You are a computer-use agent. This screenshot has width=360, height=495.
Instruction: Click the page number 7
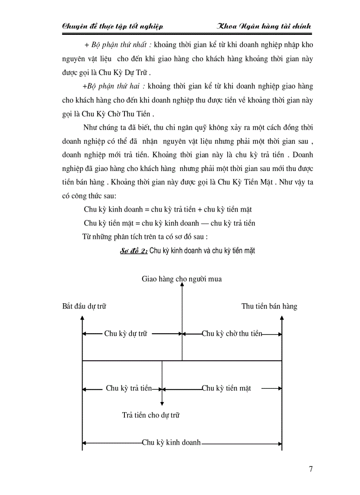click(x=311, y=469)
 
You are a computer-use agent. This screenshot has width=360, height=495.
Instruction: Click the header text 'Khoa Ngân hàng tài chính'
click(x=264, y=26)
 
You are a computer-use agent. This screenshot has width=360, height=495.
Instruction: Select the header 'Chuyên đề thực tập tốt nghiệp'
click(x=113, y=26)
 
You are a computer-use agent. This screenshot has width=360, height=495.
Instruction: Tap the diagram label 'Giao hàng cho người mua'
click(x=182, y=279)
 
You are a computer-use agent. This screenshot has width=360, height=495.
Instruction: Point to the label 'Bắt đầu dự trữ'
click(x=84, y=306)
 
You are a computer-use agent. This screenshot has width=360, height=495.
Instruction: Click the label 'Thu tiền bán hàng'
click(x=269, y=306)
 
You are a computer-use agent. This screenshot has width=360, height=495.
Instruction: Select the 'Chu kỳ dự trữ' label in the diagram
click(x=126, y=334)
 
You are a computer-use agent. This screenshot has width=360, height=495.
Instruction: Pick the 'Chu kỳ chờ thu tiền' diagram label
click(x=232, y=334)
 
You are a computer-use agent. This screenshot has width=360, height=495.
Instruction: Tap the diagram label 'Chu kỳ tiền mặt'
click(x=227, y=388)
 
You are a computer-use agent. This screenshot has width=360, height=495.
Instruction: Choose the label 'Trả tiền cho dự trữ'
click(x=151, y=415)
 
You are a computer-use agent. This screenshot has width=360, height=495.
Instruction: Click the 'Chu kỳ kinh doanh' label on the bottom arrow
click(x=171, y=443)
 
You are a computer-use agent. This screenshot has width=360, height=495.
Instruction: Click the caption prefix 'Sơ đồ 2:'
click(x=134, y=251)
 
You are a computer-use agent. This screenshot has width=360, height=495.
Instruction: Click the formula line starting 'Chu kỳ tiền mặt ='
click(x=169, y=223)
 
